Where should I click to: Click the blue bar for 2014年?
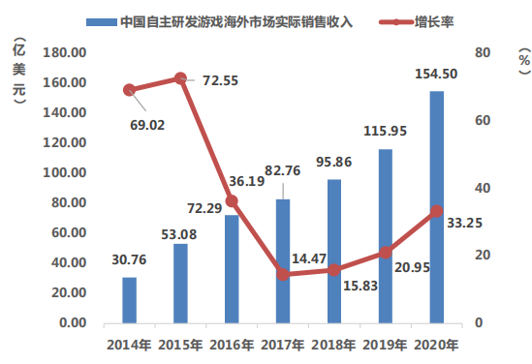coord(129,300)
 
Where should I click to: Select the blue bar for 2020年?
coord(437,207)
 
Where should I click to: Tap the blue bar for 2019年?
coord(386,236)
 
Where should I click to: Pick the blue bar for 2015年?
coord(180,284)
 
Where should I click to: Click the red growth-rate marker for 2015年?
coord(180,78)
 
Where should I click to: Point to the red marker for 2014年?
coord(129,90)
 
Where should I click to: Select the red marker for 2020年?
coord(437,211)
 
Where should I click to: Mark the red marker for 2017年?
coord(283,274)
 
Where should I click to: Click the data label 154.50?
coord(436,74)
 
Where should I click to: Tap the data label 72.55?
coord(221,80)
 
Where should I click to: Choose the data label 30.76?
coord(129,260)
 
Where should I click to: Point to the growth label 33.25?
coord(464,223)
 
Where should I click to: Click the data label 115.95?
coord(385,131)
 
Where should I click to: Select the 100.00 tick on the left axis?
coord(65,172)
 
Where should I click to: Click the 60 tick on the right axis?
coord(483,120)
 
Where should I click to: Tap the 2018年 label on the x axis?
coord(333,345)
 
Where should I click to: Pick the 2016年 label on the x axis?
coord(232,345)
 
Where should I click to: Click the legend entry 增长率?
coord(417,22)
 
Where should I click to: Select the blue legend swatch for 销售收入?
coord(102,22)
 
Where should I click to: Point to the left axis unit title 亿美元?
coord(19,71)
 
